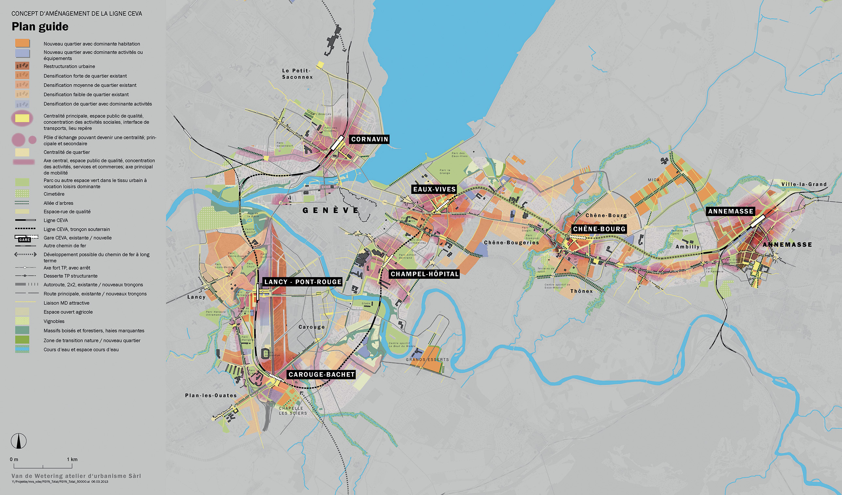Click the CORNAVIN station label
[370, 139]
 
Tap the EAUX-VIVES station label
[434, 190]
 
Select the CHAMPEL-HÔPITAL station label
[425, 274]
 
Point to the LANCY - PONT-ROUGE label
[303, 282]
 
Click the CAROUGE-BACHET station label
[321, 374]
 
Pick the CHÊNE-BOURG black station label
[599, 229]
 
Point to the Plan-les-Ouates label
[211, 395]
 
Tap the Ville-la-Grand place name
[804, 184]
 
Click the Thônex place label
[581, 291]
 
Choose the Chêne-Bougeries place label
[512, 242]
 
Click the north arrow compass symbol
[19, 441]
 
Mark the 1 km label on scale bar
[72, 459]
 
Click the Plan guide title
[40, 27]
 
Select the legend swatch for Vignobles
[22, 321]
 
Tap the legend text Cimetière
[54, 194]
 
